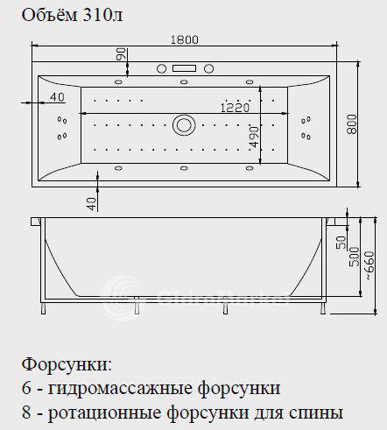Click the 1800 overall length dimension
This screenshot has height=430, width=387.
click(x=184, y=39)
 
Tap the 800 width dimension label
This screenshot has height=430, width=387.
click(x=352, y=124)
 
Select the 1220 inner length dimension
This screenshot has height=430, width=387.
click(x=235, y=108)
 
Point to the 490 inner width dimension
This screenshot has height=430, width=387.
click(x=254, y=137)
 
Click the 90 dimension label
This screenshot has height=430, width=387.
click(x=122, y=54)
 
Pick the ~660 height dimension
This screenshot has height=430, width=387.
click(x=369, y=265)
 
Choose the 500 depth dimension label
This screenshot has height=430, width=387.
click(x=355, y=257)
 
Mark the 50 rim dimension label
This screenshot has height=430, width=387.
click(x=341, y=243)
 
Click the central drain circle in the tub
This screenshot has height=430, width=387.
click(x=184, y=125)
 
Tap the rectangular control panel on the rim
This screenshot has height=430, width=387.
click(x=184, y=68)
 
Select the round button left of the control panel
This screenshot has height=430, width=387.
click(x=161, y=69)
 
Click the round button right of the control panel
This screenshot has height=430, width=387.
click(x=208, y=69)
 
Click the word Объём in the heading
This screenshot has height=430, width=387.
click(x=50, y=15)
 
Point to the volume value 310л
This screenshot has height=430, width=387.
click(x=102, y=15)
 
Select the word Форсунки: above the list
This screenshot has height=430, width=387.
click(x=67, y=365)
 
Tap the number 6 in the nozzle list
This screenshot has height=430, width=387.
click(x=26, y=388)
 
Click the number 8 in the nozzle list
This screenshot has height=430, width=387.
click(x=26, y=413)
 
